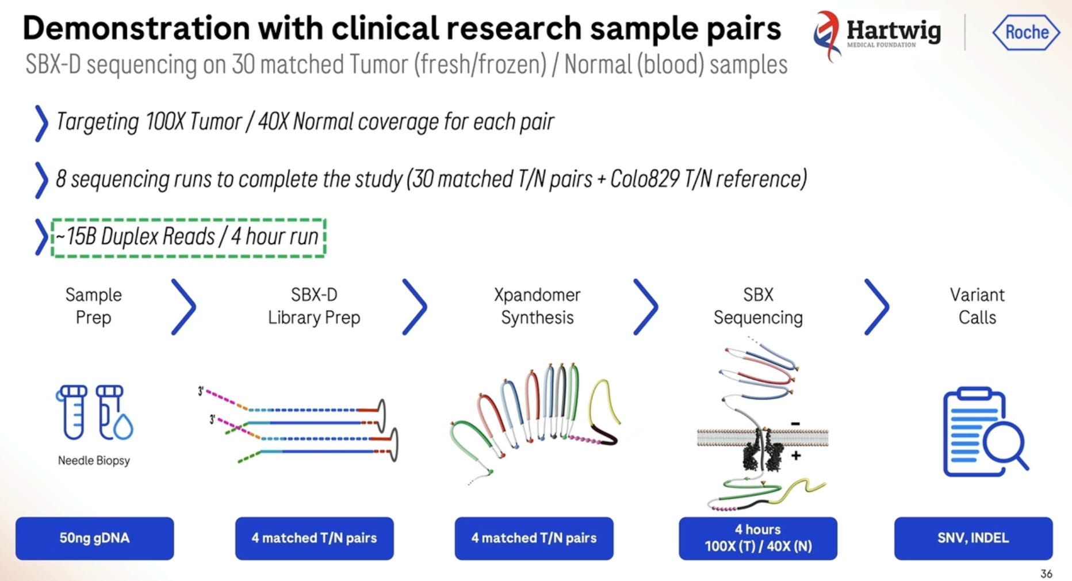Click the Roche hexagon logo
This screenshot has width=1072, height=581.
coord(1026,32)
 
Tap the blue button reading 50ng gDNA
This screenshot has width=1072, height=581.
coord(95,538)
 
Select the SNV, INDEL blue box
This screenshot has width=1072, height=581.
coord(973,538)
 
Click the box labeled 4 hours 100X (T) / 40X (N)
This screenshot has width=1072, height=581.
coord(758,538)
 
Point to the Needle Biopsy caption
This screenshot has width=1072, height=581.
coord(94,460)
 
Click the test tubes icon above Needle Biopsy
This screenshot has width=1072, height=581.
coord(94,412)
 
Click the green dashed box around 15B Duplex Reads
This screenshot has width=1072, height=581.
coord(189,237)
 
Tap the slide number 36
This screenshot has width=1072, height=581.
coord(1046,574)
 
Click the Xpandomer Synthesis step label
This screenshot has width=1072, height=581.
coord(537,306)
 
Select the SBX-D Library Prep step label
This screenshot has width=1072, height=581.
coord(314,306)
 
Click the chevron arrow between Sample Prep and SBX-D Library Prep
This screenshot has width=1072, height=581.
coord(184,307)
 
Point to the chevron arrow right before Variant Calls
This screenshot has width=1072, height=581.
coord(877,307)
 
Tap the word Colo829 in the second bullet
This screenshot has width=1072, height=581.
coord(645,179)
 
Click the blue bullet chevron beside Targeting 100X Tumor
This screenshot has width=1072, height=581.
coord(41,123)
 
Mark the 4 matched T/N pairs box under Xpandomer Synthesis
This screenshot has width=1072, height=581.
coord(534,538)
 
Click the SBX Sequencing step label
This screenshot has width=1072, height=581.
coord(758,306)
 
